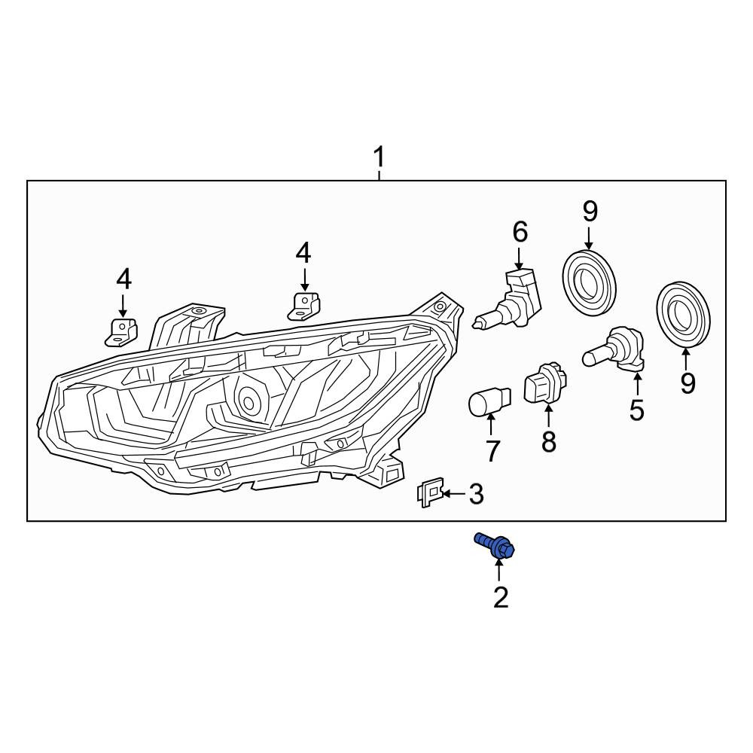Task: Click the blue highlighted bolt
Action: (495, 546)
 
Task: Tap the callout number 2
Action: (501, 597)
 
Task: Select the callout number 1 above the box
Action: (380, 157)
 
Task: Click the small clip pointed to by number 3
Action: (429, 492)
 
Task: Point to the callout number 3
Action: (475, 494)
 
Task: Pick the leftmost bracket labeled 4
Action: (121, 331)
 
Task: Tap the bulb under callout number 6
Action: (509, 300)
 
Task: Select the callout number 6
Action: (520, 232)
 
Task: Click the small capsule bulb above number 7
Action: (490, 401)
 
